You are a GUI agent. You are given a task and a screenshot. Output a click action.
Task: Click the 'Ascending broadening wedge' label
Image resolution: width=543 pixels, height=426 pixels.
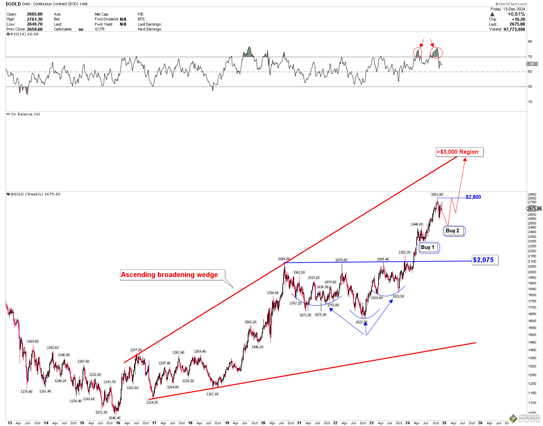(x=169, y=275)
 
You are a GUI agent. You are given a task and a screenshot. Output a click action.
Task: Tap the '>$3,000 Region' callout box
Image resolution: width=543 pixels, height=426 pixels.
(x=459, y=152)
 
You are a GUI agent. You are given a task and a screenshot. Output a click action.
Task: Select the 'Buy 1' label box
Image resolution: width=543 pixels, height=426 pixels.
(x=429, y=247)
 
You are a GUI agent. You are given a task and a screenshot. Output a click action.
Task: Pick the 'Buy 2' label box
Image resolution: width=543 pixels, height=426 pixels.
(x=454, y=231)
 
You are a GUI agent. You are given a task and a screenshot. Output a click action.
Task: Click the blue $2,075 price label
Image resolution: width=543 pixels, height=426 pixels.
(x=485, y=260)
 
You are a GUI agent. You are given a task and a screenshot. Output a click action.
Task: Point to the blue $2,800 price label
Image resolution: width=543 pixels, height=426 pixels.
(x=473, y=197)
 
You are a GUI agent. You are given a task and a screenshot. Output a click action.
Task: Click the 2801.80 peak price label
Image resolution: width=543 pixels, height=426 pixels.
(x=437, y=195)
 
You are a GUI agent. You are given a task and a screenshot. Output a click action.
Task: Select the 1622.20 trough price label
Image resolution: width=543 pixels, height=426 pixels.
(x=361, y=322)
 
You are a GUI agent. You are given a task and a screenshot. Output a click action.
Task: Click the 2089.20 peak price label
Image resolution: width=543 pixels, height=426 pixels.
(x=283, y=259)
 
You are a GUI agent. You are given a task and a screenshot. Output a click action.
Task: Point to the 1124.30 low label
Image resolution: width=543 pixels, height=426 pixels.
(x=152, y=402)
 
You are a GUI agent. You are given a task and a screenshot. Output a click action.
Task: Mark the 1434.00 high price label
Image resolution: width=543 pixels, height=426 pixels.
(x=33, y=341)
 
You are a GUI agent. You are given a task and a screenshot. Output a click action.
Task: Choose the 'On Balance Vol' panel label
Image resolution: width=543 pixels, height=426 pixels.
(x=25, y=114)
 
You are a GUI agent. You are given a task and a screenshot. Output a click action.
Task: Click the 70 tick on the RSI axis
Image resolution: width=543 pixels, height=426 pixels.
(x=530, y=57)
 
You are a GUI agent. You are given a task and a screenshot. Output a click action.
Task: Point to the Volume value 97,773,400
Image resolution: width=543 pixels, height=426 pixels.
(x=515, y=29)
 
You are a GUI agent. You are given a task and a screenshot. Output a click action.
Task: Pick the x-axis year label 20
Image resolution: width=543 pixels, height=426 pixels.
(x=263, y=423)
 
